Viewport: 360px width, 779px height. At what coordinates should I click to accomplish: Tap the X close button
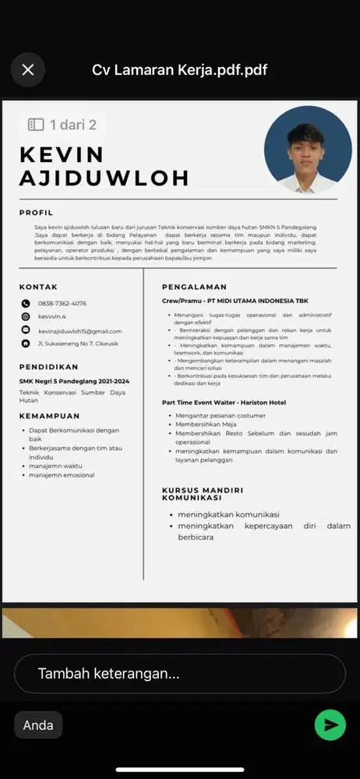[x=28, y=70]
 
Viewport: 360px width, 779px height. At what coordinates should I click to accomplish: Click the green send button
[x=330, y=724]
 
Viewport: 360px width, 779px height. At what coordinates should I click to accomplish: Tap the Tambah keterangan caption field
[x=179, y=674]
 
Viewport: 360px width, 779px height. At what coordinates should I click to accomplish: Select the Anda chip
[x=38, y=725]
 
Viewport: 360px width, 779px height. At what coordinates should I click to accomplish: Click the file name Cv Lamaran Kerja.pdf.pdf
[x=180, y=70]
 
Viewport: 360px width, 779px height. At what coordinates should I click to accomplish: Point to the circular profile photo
[x=308, y=150]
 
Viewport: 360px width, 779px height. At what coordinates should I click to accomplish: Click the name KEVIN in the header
[x=62, y=153]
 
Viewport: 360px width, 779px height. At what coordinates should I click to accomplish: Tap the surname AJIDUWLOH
[x=104, y=178]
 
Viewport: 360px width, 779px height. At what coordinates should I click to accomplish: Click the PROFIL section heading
[x=36, y=212]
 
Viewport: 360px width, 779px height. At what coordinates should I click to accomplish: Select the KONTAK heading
[x=38, y=287]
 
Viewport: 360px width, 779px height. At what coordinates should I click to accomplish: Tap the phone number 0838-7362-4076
[x=62, y=304]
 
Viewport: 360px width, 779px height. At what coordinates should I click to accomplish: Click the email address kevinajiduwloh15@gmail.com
[x=79, y=331]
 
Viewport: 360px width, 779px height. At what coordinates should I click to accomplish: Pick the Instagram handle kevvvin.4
[x=52, y=317]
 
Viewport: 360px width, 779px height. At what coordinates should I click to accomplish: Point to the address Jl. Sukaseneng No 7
[x=68, y=344]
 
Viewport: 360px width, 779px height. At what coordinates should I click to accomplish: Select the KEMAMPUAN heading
[x=50, y=416]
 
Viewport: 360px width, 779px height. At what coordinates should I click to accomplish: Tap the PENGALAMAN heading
[x=194, y=287]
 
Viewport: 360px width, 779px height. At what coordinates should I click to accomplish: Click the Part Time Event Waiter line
[x=224, y=403]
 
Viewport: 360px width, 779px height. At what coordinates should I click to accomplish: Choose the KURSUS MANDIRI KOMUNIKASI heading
[x=202, y=494]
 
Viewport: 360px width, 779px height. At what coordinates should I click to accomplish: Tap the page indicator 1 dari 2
[x=62, y=125]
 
